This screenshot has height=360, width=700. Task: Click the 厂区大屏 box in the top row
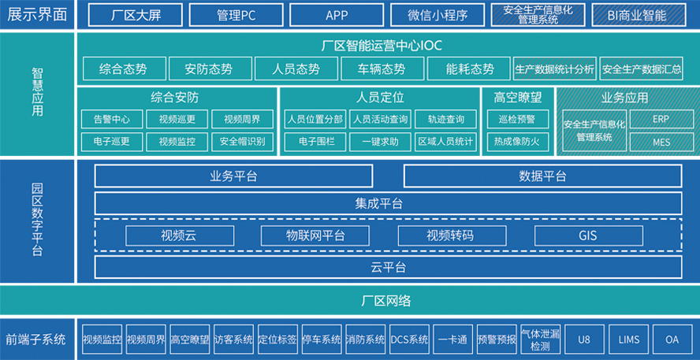tap(135, 15)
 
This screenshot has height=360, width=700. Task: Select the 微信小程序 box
tap(438, 15)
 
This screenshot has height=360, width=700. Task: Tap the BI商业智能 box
tap(639, 15)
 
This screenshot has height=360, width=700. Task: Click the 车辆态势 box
tap(382, 69)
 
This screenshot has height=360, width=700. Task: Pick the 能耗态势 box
tap(469, 69)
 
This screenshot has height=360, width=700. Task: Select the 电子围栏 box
tap(314, 142)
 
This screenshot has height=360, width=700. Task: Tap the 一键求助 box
tap(380, 142)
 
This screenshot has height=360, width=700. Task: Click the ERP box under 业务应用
tap(661, 119)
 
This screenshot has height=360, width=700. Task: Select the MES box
tap(661, 143)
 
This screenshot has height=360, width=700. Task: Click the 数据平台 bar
tap(542, 176)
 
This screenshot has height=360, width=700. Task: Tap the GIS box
tap(588, 236)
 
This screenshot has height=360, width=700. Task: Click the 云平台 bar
tap(389, 267)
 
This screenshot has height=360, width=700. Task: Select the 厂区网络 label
tap(386, 301)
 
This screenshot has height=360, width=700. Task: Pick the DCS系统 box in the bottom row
tap(409, 340)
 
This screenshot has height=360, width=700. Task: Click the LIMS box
tap(629, 340)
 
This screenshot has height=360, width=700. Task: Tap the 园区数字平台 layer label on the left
tap(37, 220)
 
